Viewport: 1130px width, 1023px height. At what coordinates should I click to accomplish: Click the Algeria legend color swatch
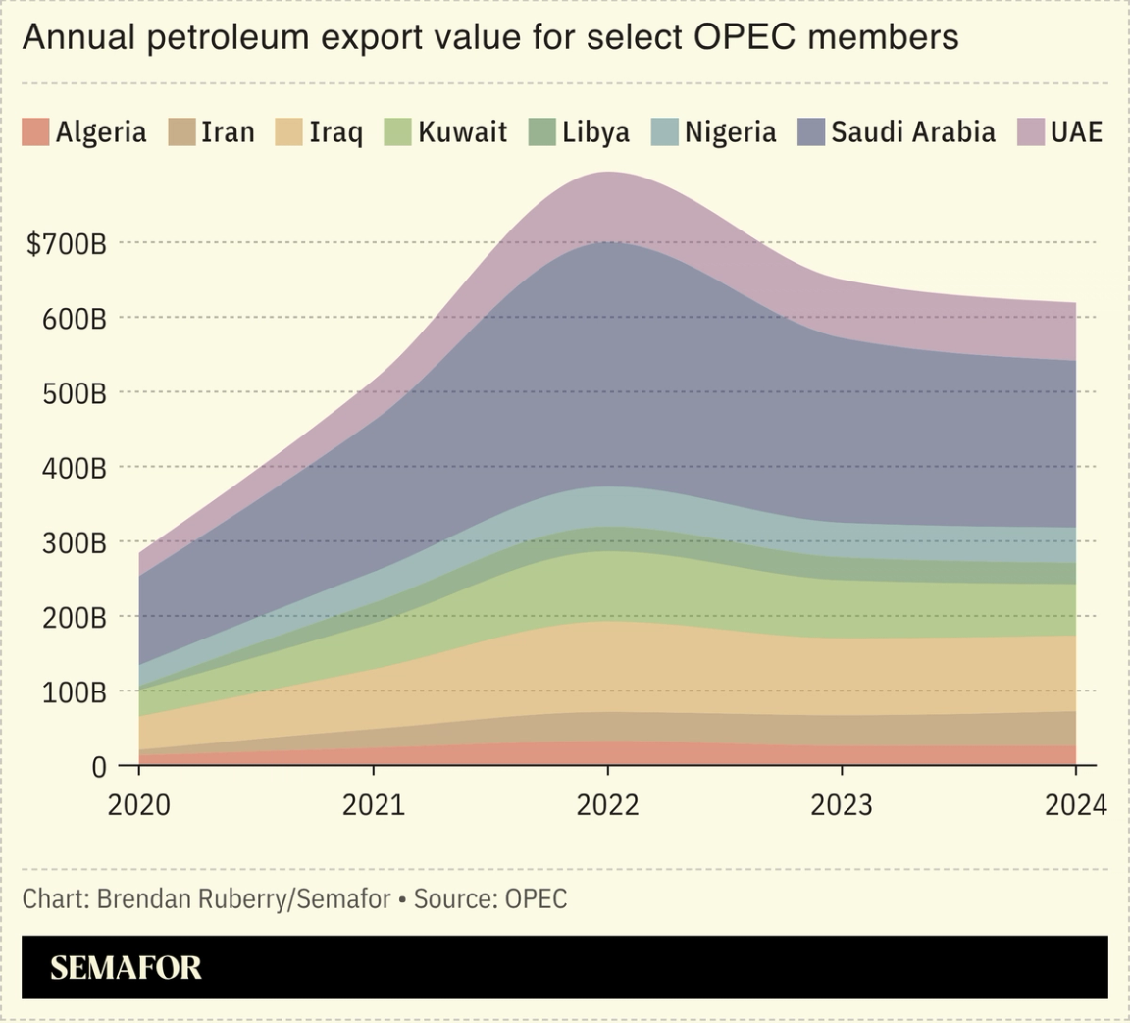click(x=35, y=132)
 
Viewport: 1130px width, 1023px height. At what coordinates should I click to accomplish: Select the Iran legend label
click(x=228, y=132)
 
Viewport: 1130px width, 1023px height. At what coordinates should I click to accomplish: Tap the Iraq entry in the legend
click(x=335, y=132)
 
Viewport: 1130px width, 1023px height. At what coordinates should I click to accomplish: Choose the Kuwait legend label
click(x=462, y=132)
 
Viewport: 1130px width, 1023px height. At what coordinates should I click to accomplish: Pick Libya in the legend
click(x=595, y=132)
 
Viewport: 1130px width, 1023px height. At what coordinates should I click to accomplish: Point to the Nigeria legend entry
click(x=730, y=132)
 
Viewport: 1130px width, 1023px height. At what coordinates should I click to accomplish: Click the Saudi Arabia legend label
click(x=912, y=132)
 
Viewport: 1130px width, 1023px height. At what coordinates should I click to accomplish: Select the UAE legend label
click(x=1076, y=132)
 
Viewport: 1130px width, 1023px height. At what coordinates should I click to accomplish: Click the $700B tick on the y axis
click(x=66, y=244)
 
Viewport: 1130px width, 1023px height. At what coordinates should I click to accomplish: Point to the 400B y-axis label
click(x=73, y=468)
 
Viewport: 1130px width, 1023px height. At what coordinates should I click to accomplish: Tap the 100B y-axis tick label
click(x=73, y=692)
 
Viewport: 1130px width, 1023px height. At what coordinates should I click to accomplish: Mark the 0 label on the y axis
click(x=98, y=767)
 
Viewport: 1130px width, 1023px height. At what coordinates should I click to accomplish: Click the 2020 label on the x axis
click(x=138, y=805)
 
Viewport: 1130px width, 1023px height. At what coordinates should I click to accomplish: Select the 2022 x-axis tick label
click(x=607, y=805)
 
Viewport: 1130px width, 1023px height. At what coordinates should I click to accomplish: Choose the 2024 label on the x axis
click(x=1075, y=805)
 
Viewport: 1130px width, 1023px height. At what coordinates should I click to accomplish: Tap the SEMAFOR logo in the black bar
click(x=126, y=968)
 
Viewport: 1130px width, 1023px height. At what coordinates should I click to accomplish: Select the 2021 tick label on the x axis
click(x=373, y=805)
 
